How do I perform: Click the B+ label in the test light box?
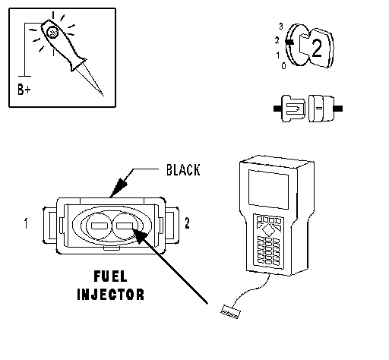point(24,89)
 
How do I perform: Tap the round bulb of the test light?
point(52,33)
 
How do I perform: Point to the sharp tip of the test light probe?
point(103,96)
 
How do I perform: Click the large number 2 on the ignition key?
point(317,49)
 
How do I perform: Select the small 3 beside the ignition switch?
point(281,26)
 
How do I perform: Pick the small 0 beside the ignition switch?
point(283,66)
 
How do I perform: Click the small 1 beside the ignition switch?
point(278,55)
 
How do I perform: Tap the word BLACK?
point(183,170)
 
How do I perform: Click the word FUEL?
point(110,276)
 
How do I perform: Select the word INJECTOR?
point(110,295)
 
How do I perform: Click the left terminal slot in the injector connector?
point(100,226)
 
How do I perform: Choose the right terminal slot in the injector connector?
point(125,226)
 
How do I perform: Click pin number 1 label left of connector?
point(26,223)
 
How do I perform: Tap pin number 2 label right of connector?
point(187,223)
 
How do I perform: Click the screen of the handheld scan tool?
point(268,189)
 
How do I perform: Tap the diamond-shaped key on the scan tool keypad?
point(267,230)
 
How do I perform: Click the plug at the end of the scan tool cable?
point(230,311)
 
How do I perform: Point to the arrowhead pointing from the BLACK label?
point(118,188)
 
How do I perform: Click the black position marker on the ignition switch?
point(289,42)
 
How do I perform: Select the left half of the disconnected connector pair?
point(293,109)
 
